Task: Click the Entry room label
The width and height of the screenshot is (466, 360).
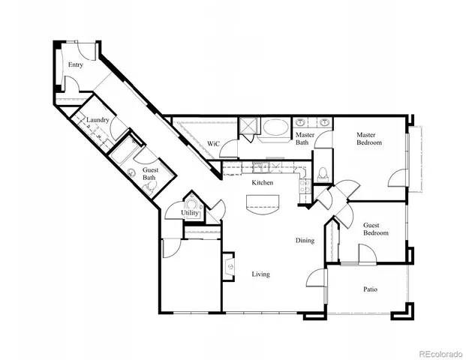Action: [75, 65]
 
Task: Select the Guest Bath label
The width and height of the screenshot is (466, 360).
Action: [150, 174]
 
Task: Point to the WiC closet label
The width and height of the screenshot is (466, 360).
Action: [212, 143]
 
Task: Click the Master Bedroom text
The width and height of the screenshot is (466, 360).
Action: [368, 139]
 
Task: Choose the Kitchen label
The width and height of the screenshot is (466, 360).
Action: [262, 182]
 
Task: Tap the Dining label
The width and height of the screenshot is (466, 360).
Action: [305, 240]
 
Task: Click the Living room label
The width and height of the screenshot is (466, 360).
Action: [260, 274]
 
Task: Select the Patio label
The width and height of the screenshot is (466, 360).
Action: [370, 289]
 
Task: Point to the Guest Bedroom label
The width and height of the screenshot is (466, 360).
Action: [376, 229]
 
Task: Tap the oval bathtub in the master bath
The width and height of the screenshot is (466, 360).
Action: [273, 129]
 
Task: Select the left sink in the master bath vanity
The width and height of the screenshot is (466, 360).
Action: [301, 122]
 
